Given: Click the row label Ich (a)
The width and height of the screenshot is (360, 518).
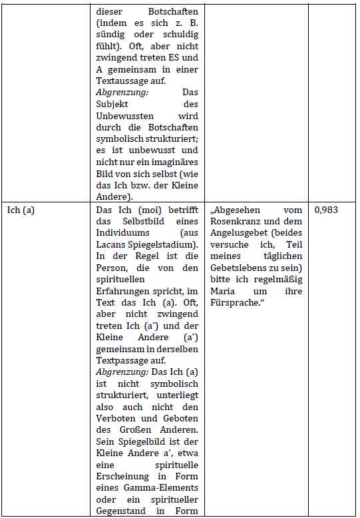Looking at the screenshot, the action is click(21, 210).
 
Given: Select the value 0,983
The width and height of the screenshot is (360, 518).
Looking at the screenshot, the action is click(325, 210).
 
